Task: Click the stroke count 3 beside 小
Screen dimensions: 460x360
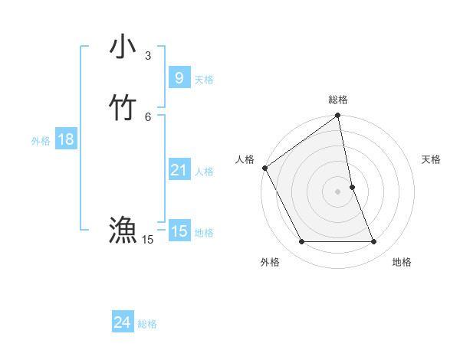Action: (x=148, y=55)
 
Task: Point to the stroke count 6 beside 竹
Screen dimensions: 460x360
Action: (x=148, y=116)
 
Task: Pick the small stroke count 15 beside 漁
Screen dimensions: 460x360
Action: (x=147, y=240)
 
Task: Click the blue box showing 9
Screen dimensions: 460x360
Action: (x=179, y=78)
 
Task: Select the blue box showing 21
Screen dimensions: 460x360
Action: (x=179, y=170)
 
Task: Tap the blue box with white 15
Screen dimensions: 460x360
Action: (x=179, y=231)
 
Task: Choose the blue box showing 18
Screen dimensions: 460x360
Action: (x=65, y=139)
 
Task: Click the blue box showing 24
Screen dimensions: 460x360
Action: (x=122, y=323)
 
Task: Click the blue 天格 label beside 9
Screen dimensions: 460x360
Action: (x=204, y=80)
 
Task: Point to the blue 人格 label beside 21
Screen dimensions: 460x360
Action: (x=204, y=172)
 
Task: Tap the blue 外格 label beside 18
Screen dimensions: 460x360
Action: (x=41, y=141)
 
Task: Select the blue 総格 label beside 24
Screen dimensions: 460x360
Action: (x=147, y=325)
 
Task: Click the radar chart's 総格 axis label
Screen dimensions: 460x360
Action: (x=338, y=100)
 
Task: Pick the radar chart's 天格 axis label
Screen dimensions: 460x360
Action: (x=431, y=159)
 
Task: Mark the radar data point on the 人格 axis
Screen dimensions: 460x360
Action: (x=264, y=168)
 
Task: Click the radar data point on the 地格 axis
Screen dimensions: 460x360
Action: (x=374, y=242)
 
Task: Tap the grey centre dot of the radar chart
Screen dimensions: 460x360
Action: (x=338, y=191)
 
